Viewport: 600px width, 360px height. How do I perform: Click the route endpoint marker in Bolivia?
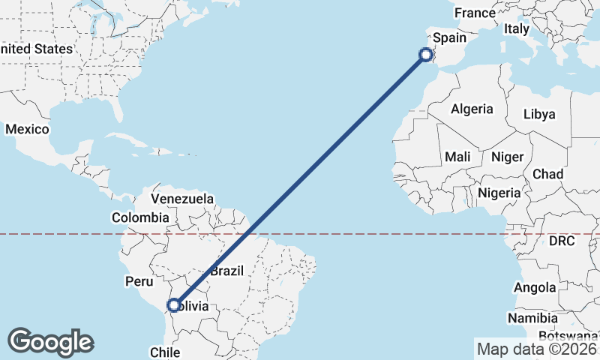pos(174,305)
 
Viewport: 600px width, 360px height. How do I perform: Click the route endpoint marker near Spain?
pos(426,54)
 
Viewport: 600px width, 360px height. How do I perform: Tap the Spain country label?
pos(450,37)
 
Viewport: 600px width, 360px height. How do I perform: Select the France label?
pos(475,13)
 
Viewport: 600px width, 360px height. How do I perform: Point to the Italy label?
pos(516,28)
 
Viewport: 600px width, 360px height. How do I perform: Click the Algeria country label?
pos(472,109)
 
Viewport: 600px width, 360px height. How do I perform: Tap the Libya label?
pos(539,114)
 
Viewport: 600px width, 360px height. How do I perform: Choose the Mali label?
pos(457,157)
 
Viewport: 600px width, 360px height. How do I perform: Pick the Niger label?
pos(506,157)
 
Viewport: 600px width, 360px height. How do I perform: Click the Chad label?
pos(547,174)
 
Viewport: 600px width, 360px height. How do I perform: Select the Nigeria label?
pos(499,193)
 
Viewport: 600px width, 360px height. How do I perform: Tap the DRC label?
pos(561,241)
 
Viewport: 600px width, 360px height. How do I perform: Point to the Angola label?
pos(535,287)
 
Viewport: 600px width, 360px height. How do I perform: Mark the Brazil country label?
pos(226,271)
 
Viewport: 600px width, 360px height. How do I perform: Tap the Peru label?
pos(139,281)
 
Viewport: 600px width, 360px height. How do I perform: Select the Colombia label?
pos(140,217)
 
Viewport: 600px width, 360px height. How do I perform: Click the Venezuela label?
pos(182,199)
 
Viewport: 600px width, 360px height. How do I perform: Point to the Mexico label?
pos(27,129)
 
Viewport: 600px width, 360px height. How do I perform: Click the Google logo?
pos(51,341)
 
